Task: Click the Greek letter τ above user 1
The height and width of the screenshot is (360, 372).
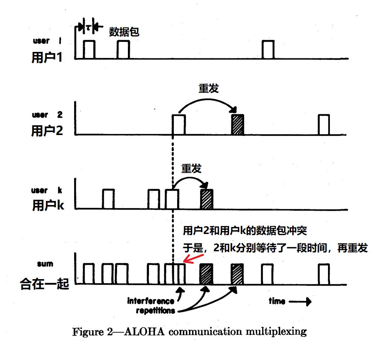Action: click(88, 27)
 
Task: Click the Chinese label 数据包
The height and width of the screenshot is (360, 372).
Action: click(124, 32)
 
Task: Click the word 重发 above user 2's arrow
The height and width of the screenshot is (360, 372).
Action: click(208, 88)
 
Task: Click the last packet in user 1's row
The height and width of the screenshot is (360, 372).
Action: click(268, 50)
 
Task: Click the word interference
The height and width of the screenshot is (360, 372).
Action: click(150, 301)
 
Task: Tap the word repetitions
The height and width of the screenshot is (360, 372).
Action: click(150, 311)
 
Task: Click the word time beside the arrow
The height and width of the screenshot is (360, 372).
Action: click(277, 301)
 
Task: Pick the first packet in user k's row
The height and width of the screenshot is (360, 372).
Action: click(108, 199)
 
